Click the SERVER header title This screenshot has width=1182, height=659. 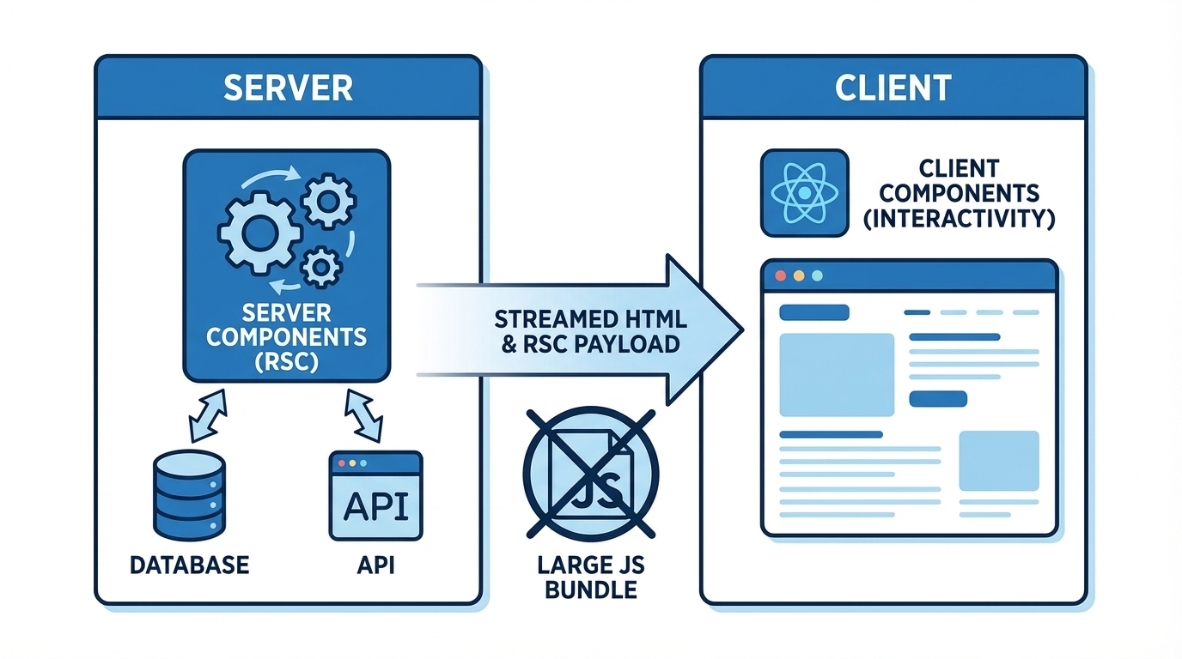tap(288, 88)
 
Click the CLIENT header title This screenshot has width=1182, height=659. tap(893, 88)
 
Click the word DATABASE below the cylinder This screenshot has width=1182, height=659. tap(190, 565)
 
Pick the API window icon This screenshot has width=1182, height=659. tap(376, 496)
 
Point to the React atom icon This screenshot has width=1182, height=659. tap(804, 193)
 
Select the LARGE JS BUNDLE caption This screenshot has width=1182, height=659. tap(591, 577)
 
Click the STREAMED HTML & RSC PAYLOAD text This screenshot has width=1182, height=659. tap(591, 332)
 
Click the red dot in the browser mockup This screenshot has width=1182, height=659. tap(781, 276)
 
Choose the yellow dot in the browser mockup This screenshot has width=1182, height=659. tap(799, 276)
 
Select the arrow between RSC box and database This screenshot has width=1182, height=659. tap(208, 416)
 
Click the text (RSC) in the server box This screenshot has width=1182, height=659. tap(287, 362)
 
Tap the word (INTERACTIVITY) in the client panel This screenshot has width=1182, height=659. tap(959, 218)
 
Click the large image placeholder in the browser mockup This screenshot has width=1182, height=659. tap(836, 374)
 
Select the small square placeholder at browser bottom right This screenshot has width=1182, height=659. tap(998, 461)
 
